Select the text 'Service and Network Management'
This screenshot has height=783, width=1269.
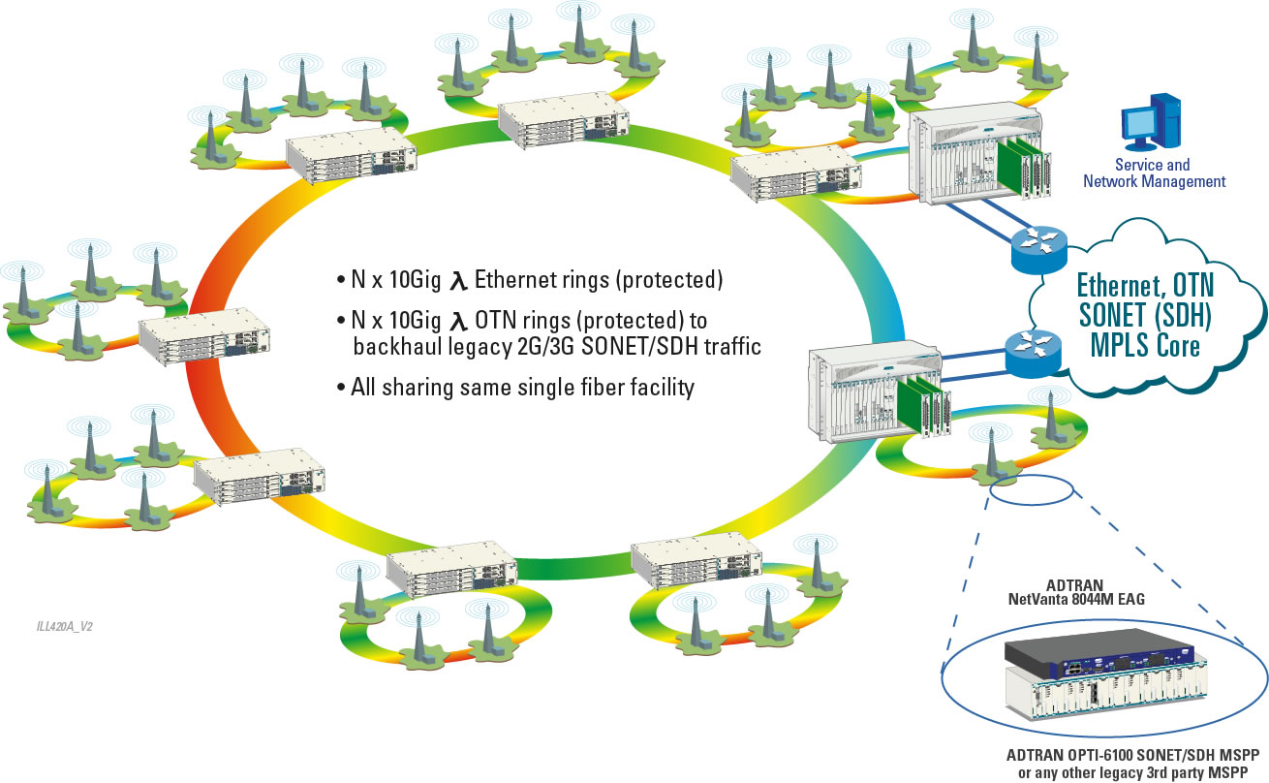tap(1153, 173)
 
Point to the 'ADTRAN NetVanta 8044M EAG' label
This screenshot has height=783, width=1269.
tap(1096, 592)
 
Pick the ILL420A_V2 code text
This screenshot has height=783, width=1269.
tap(65, 626)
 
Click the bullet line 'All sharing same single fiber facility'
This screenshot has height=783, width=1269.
tap(515, 389)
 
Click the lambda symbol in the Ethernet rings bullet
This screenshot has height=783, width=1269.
tap(459, 282)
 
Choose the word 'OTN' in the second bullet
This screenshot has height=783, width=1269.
tap(495, 320)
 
